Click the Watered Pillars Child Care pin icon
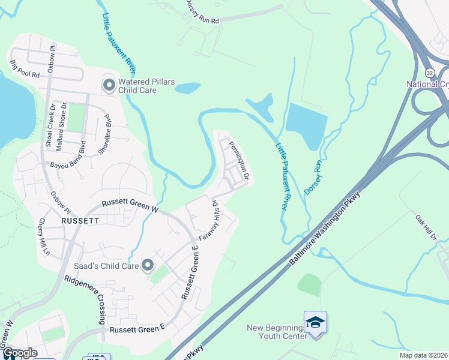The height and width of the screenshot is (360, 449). click(x=109, y=85)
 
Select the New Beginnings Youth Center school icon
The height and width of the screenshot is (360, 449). click(x=316, y=322)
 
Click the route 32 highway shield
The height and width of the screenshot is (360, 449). click(x=430, y=72)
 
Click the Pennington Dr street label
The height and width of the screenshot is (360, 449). click(x=238, y=161)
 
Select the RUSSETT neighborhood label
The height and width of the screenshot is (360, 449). click(x=80, y=220)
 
